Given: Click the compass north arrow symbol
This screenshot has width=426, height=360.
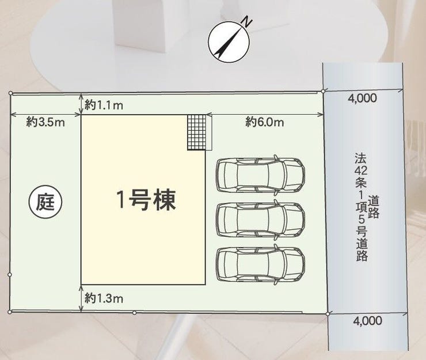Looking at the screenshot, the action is [229, 42].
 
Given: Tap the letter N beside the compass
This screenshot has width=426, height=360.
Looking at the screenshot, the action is [247, 22].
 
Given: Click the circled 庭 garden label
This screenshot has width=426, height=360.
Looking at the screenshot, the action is [45, 202].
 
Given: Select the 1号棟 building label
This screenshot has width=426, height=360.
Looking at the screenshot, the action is [146, 200].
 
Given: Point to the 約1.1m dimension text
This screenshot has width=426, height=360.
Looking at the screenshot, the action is [104, 105].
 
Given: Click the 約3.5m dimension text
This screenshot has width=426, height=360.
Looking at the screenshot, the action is [45, 122].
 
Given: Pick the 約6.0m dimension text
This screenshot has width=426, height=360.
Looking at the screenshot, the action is [265, 122].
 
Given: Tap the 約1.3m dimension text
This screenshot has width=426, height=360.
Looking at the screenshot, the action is [104, 298].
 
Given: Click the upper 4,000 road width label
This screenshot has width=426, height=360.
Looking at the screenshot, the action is [363, 98].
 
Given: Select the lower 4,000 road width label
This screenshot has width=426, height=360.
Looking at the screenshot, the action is [368, 321].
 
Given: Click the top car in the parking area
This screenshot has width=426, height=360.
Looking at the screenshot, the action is [260, 175].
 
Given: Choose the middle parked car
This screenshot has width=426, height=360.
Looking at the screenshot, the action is [260, 219].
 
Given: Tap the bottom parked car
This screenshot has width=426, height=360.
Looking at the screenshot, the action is [260, 264].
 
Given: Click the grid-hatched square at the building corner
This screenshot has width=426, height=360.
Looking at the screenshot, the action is [197, 132].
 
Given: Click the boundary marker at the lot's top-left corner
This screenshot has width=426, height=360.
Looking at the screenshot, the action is [10, 93].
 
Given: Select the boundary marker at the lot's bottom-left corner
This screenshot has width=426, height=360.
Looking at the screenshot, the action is [10, 312].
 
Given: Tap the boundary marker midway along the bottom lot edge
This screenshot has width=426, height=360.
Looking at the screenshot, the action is [134, 313].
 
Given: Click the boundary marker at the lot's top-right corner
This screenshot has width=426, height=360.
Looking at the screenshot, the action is [323, 92].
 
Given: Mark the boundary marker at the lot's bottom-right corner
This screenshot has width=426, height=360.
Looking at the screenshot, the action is [328, 314].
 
